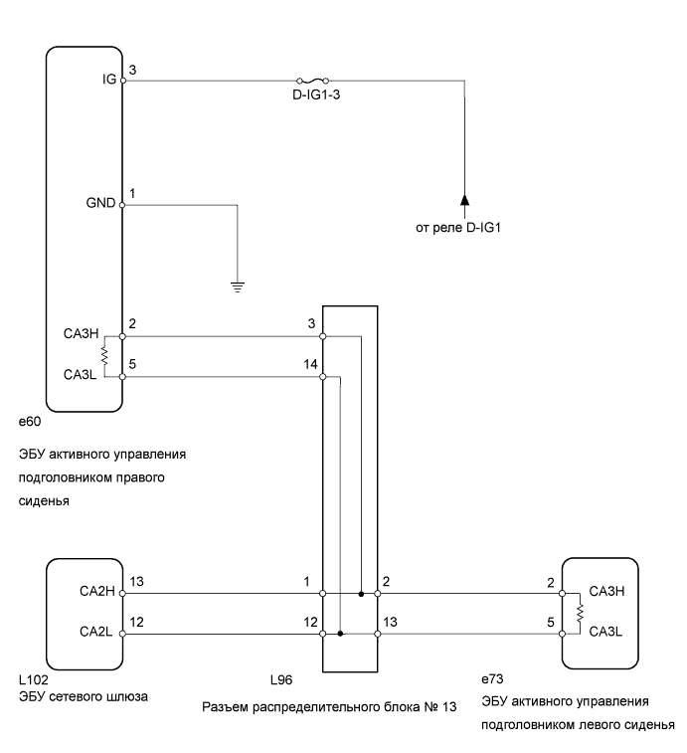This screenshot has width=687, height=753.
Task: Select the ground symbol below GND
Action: pos(238,286)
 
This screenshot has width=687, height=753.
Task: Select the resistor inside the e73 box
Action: pos(577,613)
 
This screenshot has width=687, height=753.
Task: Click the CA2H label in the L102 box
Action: pos(98,592)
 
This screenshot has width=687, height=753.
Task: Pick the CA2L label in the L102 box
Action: pos(98,631)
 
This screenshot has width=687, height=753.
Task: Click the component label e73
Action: pos(492,678)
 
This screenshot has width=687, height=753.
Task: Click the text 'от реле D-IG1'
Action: pos(462,228)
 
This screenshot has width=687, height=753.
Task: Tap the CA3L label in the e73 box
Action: pos(605,631)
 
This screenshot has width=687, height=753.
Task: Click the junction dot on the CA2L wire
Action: pos(340,633)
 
